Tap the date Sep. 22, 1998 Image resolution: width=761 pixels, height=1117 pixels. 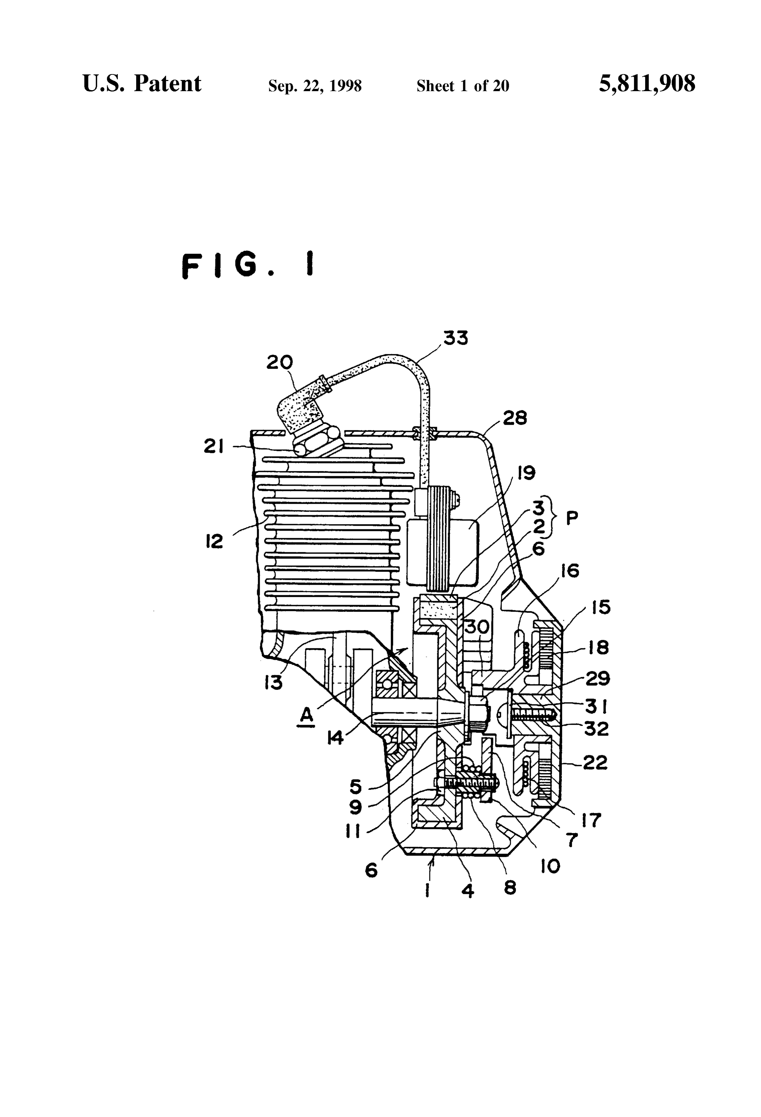point(315,86)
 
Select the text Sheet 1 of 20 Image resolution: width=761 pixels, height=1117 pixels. point(463,86)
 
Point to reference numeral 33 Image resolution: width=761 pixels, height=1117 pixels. point(455,338)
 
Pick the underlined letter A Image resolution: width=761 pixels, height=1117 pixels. point(306,716)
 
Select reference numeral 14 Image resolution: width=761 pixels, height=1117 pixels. point(335,737)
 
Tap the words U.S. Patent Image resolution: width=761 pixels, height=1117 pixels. point(142,84)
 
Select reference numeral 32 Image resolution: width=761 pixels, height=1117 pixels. point(596,729)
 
